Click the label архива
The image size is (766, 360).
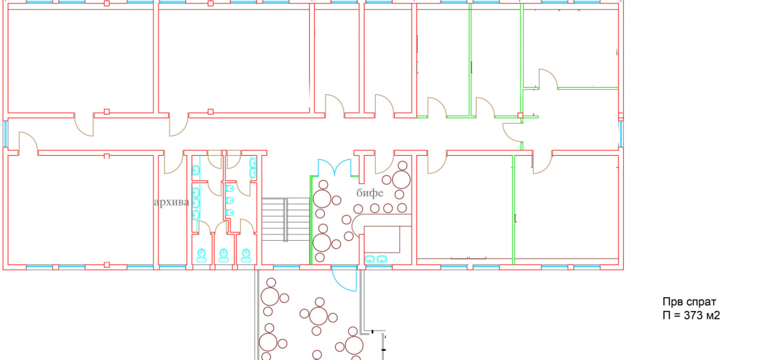click(171, 202)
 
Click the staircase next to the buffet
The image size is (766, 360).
click(285, 220)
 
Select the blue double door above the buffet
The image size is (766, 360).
click(335, 168)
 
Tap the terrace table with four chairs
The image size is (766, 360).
click(319, 315)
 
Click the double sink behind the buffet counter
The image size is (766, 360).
click(376, 259)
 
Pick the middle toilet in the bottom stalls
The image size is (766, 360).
click(224, 254)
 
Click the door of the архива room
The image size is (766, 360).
click(172, 163)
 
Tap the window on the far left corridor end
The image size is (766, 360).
click(5, 134)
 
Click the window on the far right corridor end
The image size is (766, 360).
click(621, 134)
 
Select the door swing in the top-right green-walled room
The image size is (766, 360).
click(547, 78)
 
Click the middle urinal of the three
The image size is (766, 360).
click(230, 200)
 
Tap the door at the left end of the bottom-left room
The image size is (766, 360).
click(26, 143)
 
